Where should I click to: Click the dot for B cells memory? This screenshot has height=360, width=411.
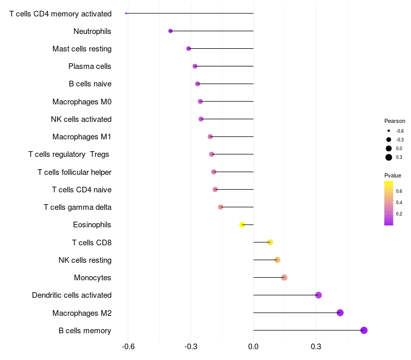click(x=364, y=330)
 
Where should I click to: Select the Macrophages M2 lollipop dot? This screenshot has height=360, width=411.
click(x=340, y=313)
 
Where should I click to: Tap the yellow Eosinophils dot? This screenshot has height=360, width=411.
click(x=242, y=225)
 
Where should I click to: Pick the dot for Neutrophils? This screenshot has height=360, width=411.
click(x=171, y=31)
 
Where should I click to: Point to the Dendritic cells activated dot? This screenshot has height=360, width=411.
click(x=319, y=295)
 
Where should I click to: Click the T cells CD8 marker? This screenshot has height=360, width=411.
click(x=270, y=242)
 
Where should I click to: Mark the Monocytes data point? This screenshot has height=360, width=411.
click(x=284, y=278)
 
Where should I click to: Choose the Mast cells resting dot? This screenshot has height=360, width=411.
click(x=189, y=49)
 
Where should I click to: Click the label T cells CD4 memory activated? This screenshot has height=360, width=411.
click(x=60, y=13)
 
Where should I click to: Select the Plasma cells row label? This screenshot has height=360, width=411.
click(x=89, y=66)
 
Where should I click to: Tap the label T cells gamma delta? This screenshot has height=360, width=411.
click(x=77, y=207)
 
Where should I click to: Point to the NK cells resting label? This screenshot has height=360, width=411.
click(x=85, y=260)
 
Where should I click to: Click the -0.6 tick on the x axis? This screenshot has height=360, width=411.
click(x=128, y=347)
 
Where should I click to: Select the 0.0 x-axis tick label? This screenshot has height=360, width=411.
click(x=253, y=347)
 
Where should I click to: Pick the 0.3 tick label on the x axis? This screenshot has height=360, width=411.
click(x=315, y=347)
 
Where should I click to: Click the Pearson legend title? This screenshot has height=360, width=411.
click(x=395, y=121)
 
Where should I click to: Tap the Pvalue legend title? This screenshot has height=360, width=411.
click(x=393, y=175)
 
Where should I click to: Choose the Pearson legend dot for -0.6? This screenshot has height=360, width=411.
click(x=389, y=131)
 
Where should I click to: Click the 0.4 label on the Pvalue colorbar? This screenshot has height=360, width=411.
click(x=399, y=202)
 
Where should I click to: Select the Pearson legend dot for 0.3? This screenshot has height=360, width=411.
click(x=389, y=157)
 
